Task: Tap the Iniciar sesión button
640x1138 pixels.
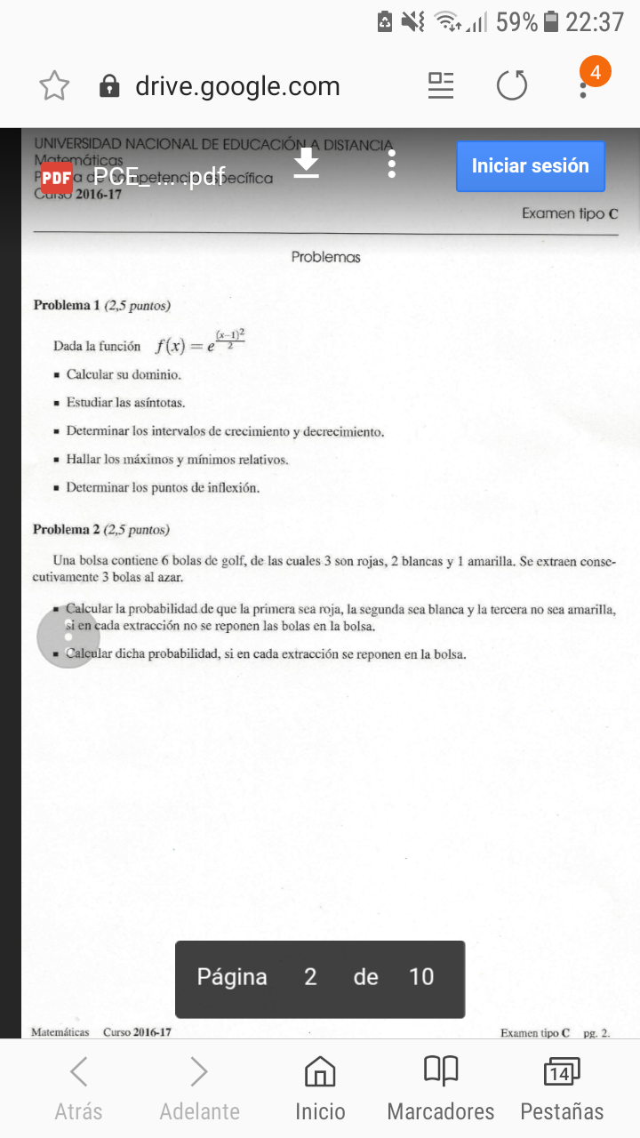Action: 530,166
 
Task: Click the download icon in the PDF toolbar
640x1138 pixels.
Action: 307,164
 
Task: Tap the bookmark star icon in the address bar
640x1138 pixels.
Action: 54,86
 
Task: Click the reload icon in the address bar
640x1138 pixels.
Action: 511,86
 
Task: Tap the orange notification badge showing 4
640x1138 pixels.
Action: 595,73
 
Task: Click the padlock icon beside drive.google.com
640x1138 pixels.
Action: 109,86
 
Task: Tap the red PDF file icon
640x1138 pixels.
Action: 57,177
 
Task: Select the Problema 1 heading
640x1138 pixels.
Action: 67,306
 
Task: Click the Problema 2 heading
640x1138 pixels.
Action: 67,530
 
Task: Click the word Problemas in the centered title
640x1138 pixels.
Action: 325,257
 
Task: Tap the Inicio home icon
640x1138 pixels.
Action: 320,1072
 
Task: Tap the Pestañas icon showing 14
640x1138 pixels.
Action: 561,1072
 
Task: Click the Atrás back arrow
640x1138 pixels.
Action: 78,1072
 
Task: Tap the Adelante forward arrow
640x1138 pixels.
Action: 199,1072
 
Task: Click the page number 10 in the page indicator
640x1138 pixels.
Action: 420,977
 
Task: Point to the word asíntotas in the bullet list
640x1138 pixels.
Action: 160,404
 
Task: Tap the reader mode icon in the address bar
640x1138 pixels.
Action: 440,85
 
